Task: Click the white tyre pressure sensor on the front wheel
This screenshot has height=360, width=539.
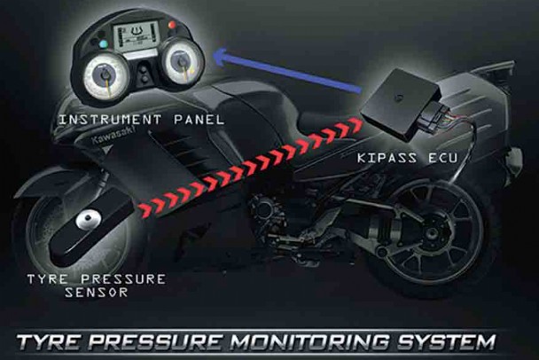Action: point(87,218)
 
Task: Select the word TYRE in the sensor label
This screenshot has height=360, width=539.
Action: point(42,278)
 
